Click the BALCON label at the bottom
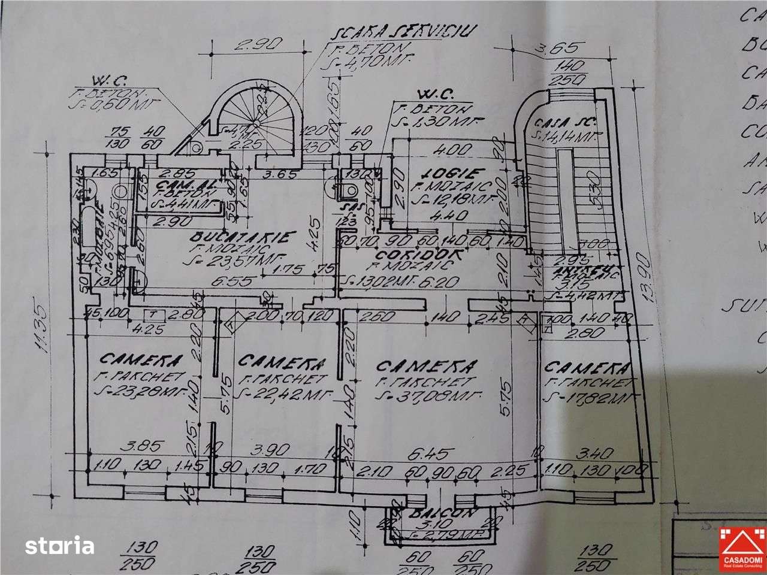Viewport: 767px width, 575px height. click(x=442, y=513)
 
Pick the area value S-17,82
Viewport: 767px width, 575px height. click(x=587, y=396)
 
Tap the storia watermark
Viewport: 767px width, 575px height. click(x=59, y=546)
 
